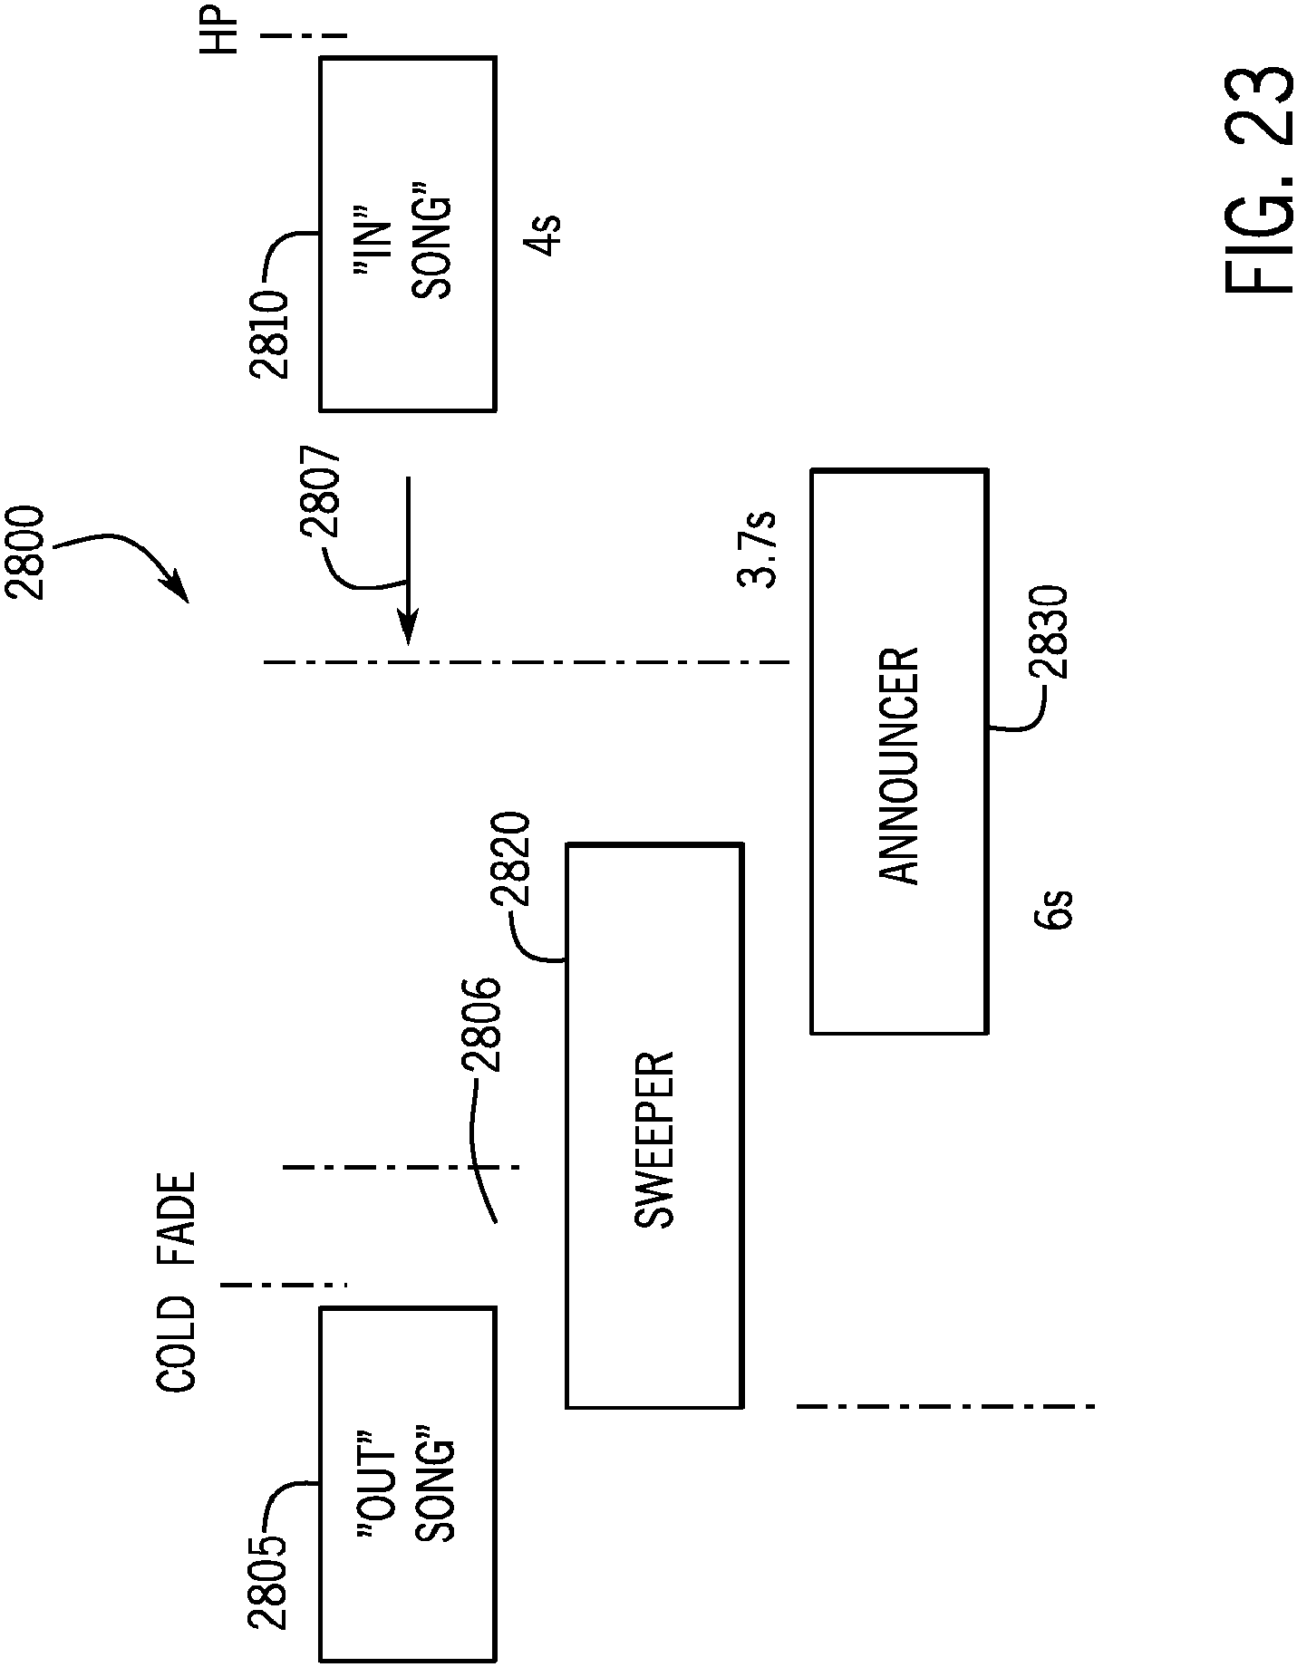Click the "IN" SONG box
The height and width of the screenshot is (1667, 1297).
tap(407, 234)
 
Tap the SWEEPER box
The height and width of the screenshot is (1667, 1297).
tap(654, 1126)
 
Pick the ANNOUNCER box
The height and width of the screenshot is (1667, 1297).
tap(899, 751)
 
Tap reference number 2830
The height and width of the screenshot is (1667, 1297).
tap(1050, 633)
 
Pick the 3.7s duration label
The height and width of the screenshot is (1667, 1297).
tap(758, 550)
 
